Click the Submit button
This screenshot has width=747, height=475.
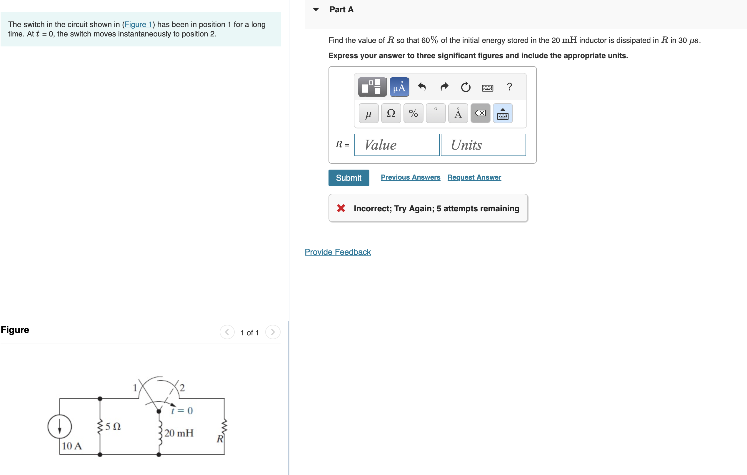[349, 178]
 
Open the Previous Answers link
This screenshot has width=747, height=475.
[411, 177]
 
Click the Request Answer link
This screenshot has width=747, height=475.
[474, 177]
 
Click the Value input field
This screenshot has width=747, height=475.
[397, 145]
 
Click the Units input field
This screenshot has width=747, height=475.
[483, 145]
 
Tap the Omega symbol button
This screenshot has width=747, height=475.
[391, 113]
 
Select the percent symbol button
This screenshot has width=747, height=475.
[413, 113]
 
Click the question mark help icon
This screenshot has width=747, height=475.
[509, 86]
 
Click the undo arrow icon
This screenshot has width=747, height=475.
[421, 87]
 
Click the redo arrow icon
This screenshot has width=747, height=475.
[444, 87]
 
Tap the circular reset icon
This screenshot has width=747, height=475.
[465, 87]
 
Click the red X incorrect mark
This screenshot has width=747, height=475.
[341, 208]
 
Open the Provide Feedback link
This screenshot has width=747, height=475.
[338, 252]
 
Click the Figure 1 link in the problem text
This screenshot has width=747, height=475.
[138, 24]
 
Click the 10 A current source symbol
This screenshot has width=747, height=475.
[60, 426]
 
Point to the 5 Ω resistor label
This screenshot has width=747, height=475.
[113, 427]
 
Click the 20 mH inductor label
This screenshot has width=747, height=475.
[179, 433]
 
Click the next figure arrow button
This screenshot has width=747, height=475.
[273, 332]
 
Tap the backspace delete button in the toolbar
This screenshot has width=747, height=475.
[480, 113]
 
